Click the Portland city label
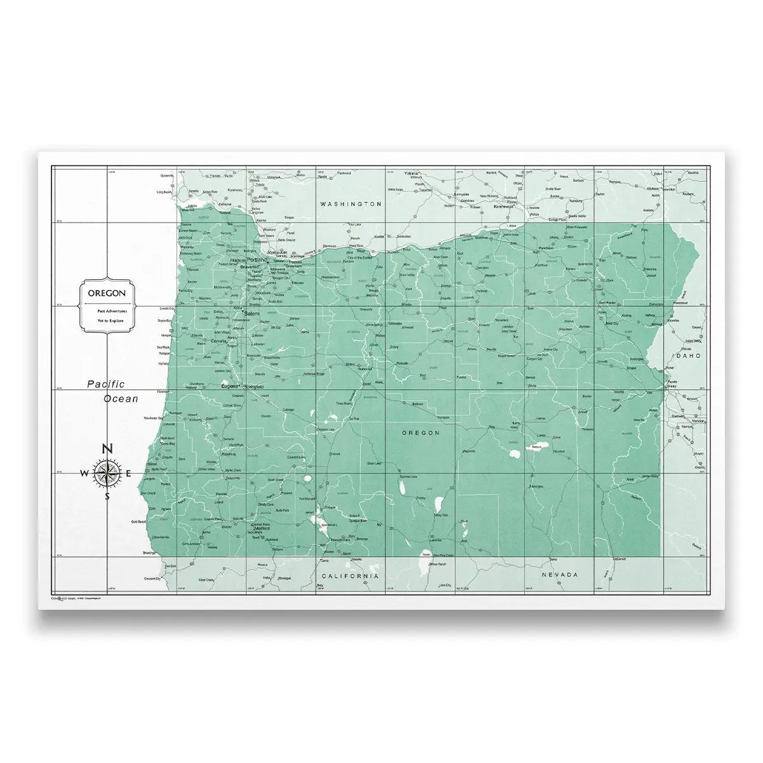(x=257, y=260)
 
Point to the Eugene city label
(x=228, y=386)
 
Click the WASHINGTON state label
(x=351, y=204)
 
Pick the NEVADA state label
(x=560, y=574)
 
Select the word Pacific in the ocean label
(x=106, y=384)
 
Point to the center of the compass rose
(x=108, y=472)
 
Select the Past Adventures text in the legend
(x=112, y=311)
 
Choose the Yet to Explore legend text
(x=111, y=321)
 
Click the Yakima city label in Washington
(x=413, y=173)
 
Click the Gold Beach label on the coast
(x=138, y=521)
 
